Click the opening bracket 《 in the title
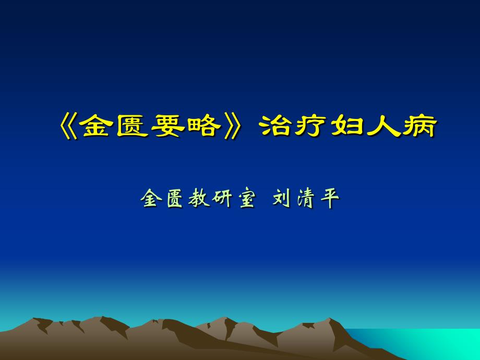click(68, 126)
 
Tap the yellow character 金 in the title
click(96, 126)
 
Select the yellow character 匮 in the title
click(131, 126)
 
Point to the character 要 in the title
click(167, 126)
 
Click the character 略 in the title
click(203, 126)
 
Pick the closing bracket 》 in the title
click(233, 126)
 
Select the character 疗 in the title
click(310, 126)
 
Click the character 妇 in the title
click(347, 126)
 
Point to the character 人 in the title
click(383, 126)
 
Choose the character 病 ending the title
click(419, 126)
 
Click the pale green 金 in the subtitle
click(151, 198)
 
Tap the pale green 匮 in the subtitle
click(175, 198)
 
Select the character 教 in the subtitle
click(198, 198)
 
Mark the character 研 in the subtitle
click(222, 198)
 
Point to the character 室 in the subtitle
click(247, 198)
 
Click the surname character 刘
click(281, 198)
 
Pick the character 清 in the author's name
click(306, 198)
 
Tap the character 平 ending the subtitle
click(330, 198)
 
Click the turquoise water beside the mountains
click(428, 344)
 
